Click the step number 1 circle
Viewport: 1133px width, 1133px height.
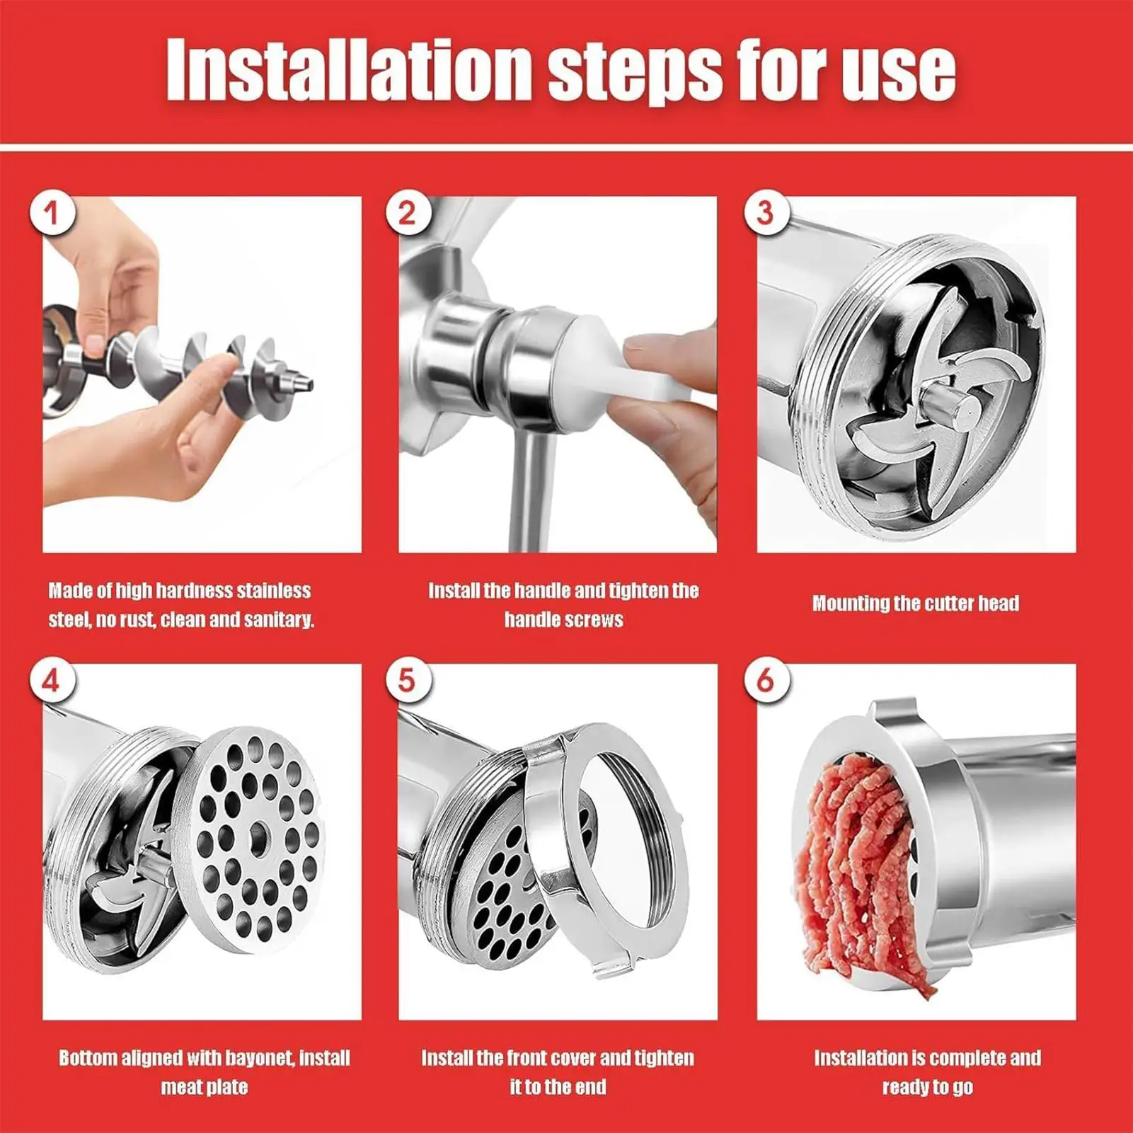click(52, 212)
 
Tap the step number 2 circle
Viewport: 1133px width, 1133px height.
click(408, 212)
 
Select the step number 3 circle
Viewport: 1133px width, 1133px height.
click(766, 212)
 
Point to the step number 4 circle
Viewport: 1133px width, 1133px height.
click(52, 680)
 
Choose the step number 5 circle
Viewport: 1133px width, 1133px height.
click(408, 680)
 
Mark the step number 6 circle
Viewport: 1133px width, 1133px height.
click(766, 680)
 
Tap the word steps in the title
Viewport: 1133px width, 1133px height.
click(634, 71)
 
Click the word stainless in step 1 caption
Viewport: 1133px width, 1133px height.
click(273, 591)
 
